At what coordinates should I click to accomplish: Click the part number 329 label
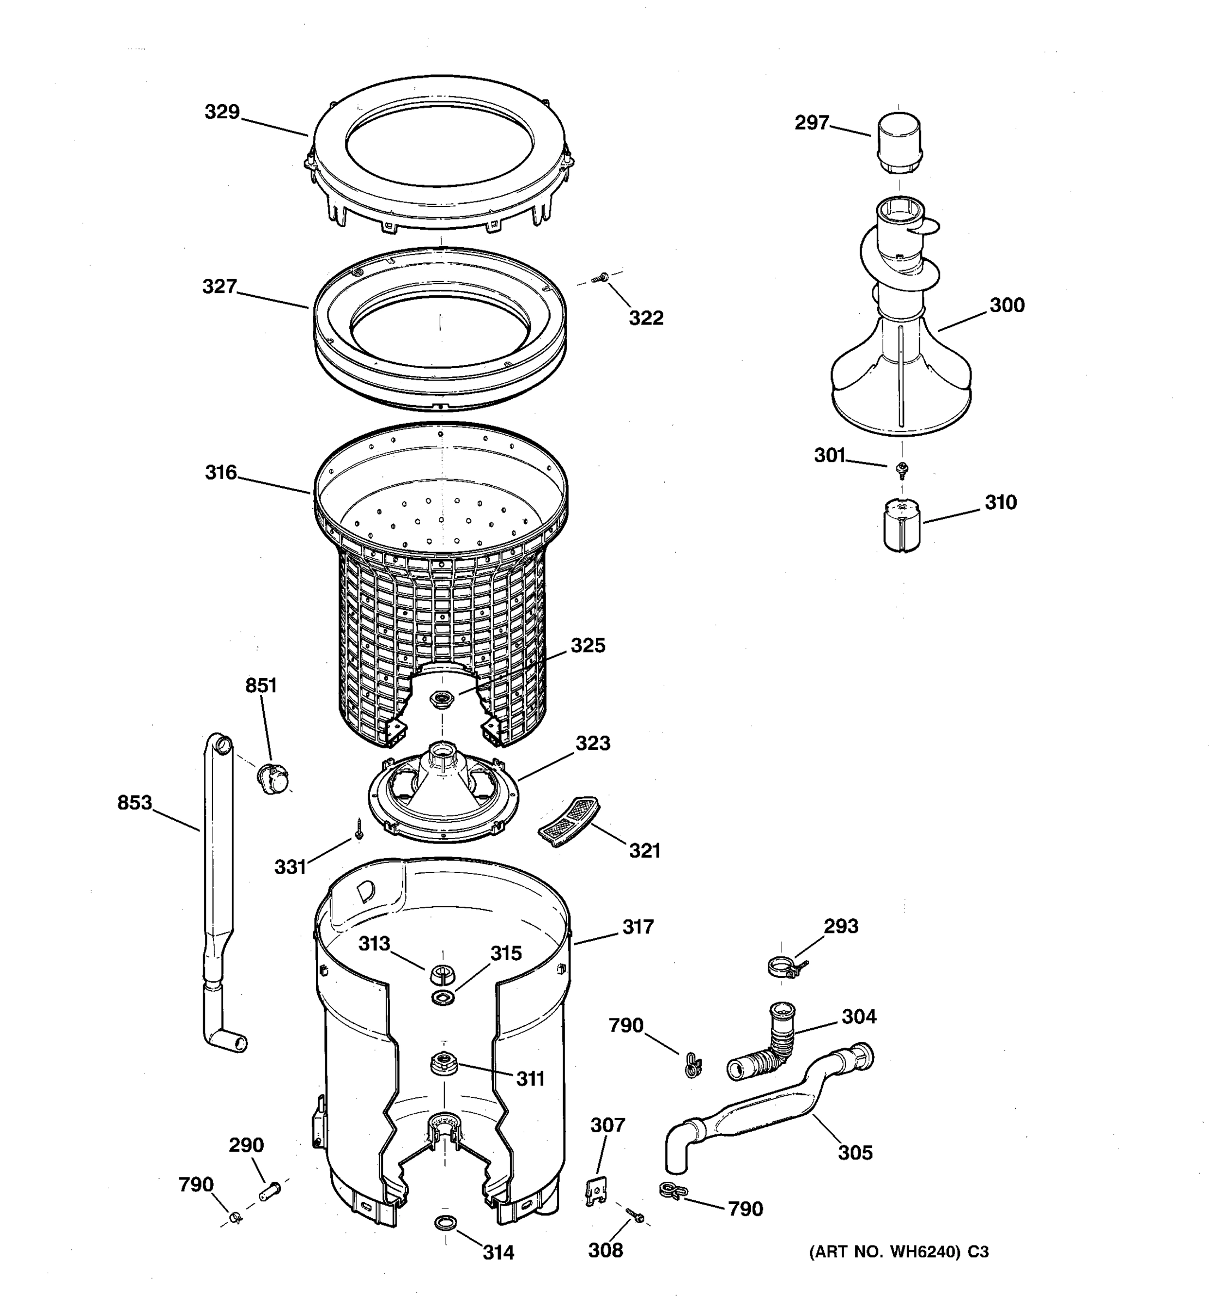point(222,112)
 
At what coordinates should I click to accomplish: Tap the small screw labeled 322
point(600,279)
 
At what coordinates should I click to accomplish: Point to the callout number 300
point(1006,306)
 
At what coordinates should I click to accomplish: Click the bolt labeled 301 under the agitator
point(902,468)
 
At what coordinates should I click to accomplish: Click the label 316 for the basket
point(220,472)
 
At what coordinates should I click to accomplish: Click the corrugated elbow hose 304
point(768,1046)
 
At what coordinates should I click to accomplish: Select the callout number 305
point(854,1152)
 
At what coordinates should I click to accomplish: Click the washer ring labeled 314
point(445,1222)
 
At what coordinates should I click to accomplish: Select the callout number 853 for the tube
point(134,803)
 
